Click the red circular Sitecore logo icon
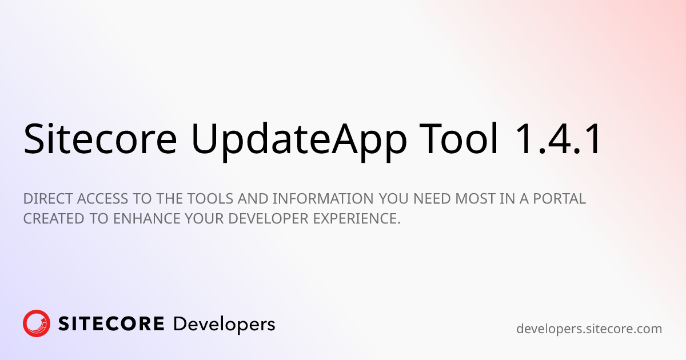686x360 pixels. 37,324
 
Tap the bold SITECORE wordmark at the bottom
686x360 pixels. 111,324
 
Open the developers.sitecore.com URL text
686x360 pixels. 589,329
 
